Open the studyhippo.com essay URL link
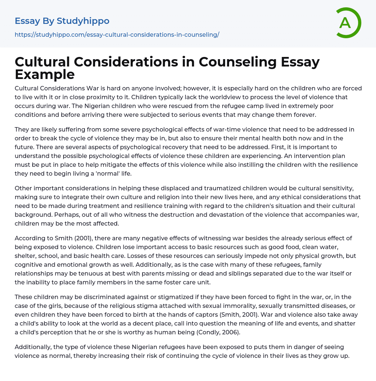[x=117, y=35]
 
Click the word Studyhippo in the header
[x=83, y=21]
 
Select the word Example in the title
[x=45, y=74]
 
